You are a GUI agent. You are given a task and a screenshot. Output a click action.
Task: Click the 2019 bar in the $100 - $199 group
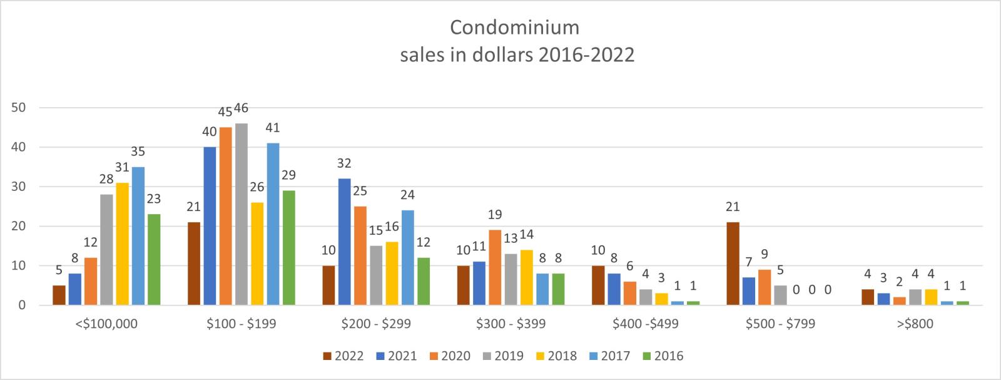coord(241,214)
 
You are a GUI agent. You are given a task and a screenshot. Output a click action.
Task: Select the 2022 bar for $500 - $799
coord(733,264)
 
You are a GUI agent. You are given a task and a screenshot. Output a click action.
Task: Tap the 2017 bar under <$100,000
coord(138,236)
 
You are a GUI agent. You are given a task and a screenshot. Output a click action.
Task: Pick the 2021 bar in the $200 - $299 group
coord(345,242)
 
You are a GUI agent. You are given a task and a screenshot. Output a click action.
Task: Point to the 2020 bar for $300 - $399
coord(495,267)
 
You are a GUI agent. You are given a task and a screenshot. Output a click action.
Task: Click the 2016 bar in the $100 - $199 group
coord(288,248)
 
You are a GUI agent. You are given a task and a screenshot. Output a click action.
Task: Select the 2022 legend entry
coord(343,356)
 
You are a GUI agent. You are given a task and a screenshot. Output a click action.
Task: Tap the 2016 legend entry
coord(663,356)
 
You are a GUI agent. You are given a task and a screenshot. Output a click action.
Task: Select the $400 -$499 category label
coord(646,324)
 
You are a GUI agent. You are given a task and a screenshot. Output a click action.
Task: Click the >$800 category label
coord(915,324)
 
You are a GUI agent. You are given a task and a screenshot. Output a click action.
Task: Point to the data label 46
coord(241,108)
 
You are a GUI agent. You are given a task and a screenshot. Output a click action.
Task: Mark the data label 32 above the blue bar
coord(344,163)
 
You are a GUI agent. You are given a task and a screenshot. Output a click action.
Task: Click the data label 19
coord(495,215)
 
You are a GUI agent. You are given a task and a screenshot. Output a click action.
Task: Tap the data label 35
coord(138,151)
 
